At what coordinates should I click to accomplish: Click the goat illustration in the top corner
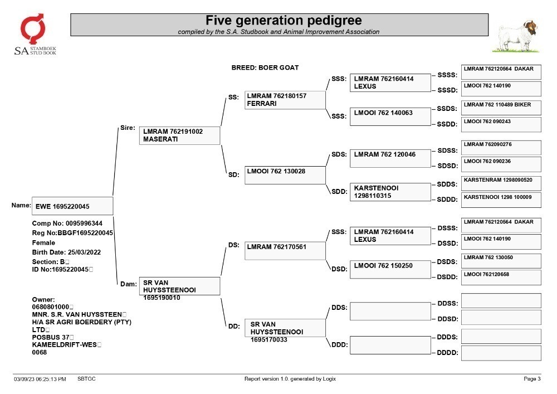[516, 36]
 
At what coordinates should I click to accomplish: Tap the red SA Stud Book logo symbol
[33, 28]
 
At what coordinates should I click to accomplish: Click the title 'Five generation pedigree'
[284, 20]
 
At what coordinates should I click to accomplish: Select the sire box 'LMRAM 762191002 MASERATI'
[179, 135]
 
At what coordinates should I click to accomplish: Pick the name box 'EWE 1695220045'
[72, 206]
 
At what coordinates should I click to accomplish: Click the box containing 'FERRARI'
[285, 100]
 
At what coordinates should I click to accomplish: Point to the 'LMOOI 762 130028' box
[285, 175]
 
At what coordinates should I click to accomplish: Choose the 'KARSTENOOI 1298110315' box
[390, 192]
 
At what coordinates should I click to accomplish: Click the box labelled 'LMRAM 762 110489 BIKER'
[501, 108]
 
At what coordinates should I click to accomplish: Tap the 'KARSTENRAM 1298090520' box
[501, 183]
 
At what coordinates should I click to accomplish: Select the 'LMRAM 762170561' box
[285, 251]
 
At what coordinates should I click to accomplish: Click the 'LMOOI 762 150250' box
[390, 270]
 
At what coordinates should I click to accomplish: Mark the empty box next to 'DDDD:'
[501, 353]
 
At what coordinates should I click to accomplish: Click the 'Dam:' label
[128, 284]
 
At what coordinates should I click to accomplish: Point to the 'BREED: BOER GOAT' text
[265, 67]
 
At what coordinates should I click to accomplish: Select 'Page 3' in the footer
[532, 379]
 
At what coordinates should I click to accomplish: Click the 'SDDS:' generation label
[447, 184]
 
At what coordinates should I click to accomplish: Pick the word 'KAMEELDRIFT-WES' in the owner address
[64, 344]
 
